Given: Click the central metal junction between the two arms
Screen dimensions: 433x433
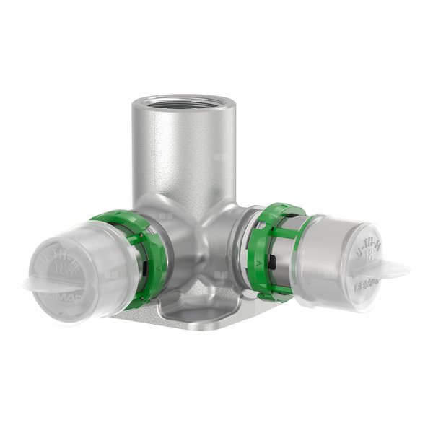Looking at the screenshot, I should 209,238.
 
